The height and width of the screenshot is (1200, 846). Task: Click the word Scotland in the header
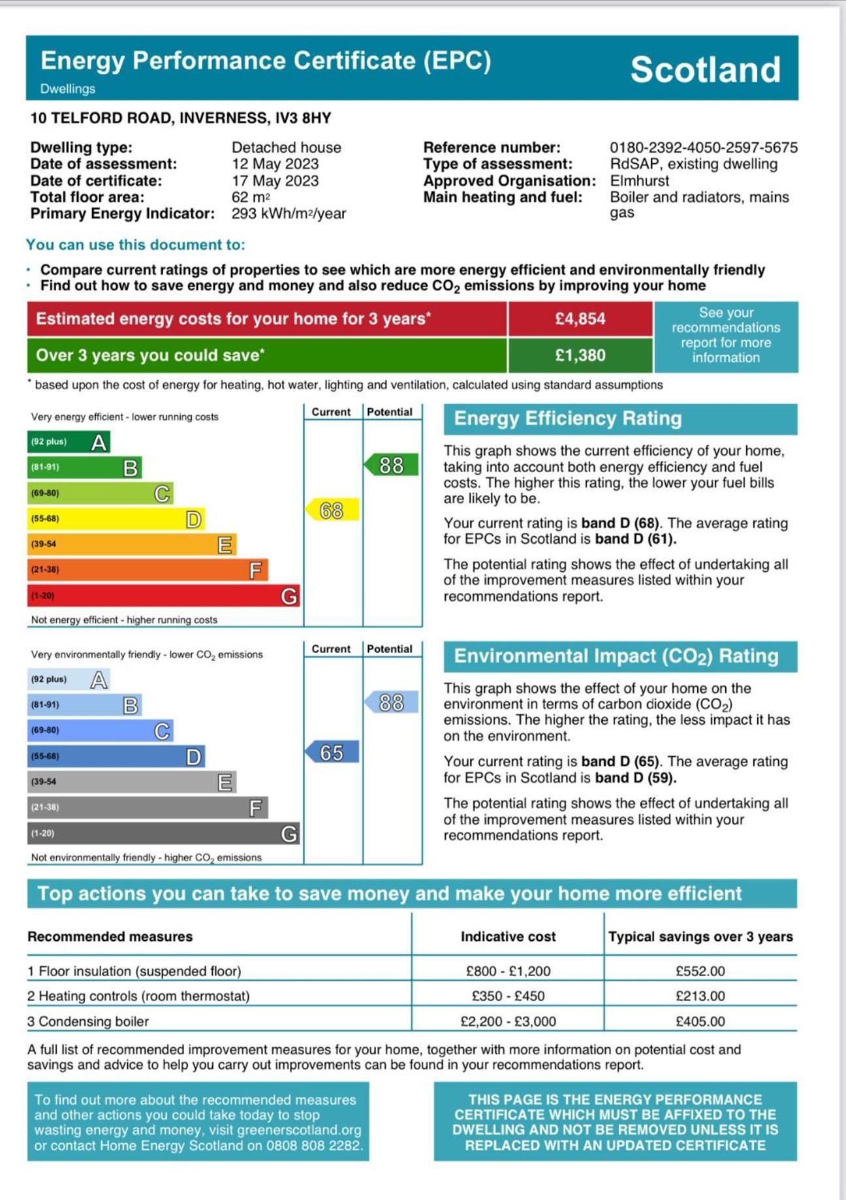coord(705,69)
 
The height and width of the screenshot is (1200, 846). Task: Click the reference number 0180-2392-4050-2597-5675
coord(703,148)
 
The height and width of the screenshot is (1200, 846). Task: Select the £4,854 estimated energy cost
coord(580,319)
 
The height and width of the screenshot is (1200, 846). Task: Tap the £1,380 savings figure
coord(580,355)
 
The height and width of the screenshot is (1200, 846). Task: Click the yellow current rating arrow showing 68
coord(332,510)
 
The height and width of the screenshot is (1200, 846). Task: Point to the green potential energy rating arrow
coord(390,465)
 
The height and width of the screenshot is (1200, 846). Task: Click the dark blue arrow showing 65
coord(332,752)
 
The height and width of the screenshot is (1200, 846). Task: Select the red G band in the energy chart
coord(163,595)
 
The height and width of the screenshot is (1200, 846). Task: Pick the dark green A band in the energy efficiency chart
coord(68,442)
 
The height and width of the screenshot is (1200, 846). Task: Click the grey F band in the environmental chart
coord(147,808)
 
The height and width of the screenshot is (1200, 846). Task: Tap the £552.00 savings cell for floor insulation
coord(700,971)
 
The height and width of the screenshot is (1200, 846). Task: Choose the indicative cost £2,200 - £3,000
coord(508,1021)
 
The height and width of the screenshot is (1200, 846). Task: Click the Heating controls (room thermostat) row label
coord(138,996)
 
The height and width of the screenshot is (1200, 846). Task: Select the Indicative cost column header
coord(508,936)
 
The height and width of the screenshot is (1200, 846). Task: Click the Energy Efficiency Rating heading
coord(567,418)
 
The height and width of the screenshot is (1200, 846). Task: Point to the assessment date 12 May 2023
coord(275,164)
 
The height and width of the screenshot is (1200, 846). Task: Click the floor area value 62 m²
coord(250,197)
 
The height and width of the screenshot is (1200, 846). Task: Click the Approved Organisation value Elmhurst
coord(639,181)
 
